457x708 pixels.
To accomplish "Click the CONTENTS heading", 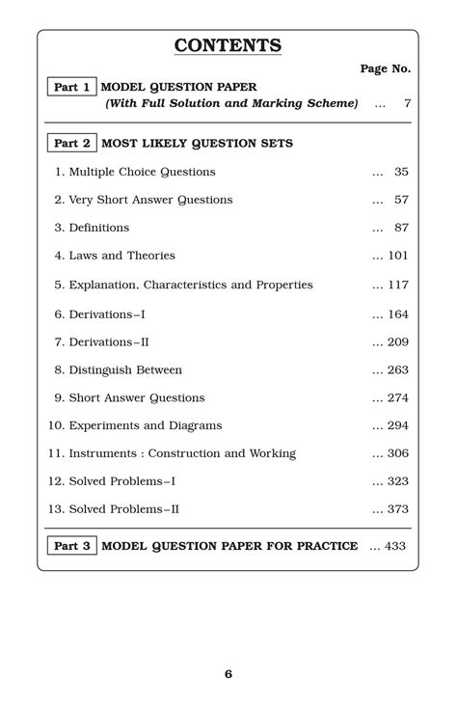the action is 228,45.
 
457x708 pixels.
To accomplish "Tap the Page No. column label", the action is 385,69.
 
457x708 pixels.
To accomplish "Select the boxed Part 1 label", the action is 71,87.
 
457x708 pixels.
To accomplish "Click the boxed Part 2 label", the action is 71,144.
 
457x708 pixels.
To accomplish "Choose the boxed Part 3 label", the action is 71,546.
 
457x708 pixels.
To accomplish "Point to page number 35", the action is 401,172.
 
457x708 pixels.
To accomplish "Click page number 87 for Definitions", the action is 401,228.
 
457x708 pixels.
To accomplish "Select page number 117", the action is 398,285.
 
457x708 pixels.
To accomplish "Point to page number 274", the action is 398,397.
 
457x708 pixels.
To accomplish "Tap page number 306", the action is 398,453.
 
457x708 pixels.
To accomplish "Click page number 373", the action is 398,509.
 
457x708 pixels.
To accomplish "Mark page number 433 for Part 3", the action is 395,546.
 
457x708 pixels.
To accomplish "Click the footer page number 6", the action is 228,674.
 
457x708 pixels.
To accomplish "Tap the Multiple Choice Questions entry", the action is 134,172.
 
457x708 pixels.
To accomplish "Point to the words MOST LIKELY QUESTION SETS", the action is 197,144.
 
